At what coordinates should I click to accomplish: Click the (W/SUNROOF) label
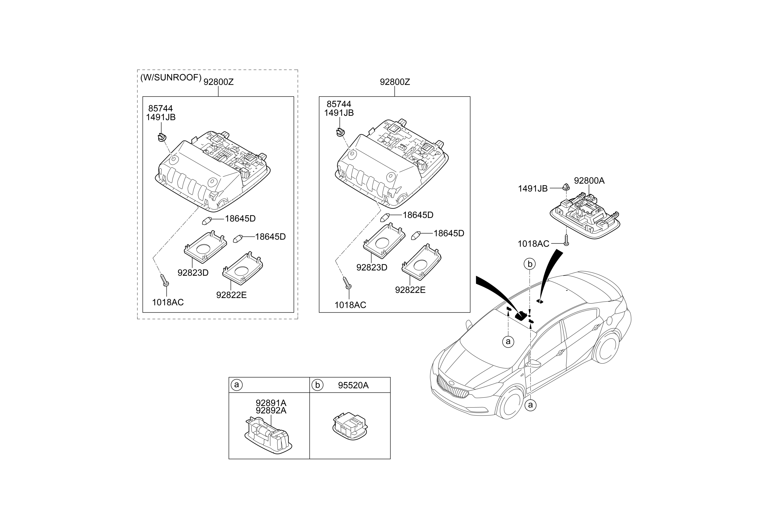coord(171,78)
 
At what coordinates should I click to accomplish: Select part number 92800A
coord(589,181)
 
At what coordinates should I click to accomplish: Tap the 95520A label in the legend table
coord(353,385)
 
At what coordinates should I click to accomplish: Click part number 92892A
coord(271,411)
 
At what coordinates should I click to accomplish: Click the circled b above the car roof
coord(530,264)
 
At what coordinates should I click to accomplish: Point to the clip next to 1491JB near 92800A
coord(566,187)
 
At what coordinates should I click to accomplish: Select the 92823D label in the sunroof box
coord(193,273)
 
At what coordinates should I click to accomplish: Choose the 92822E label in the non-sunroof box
coord(410,290)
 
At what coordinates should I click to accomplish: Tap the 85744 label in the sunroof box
coord(160,108)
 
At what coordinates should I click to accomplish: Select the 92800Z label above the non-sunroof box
coord(394,82)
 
